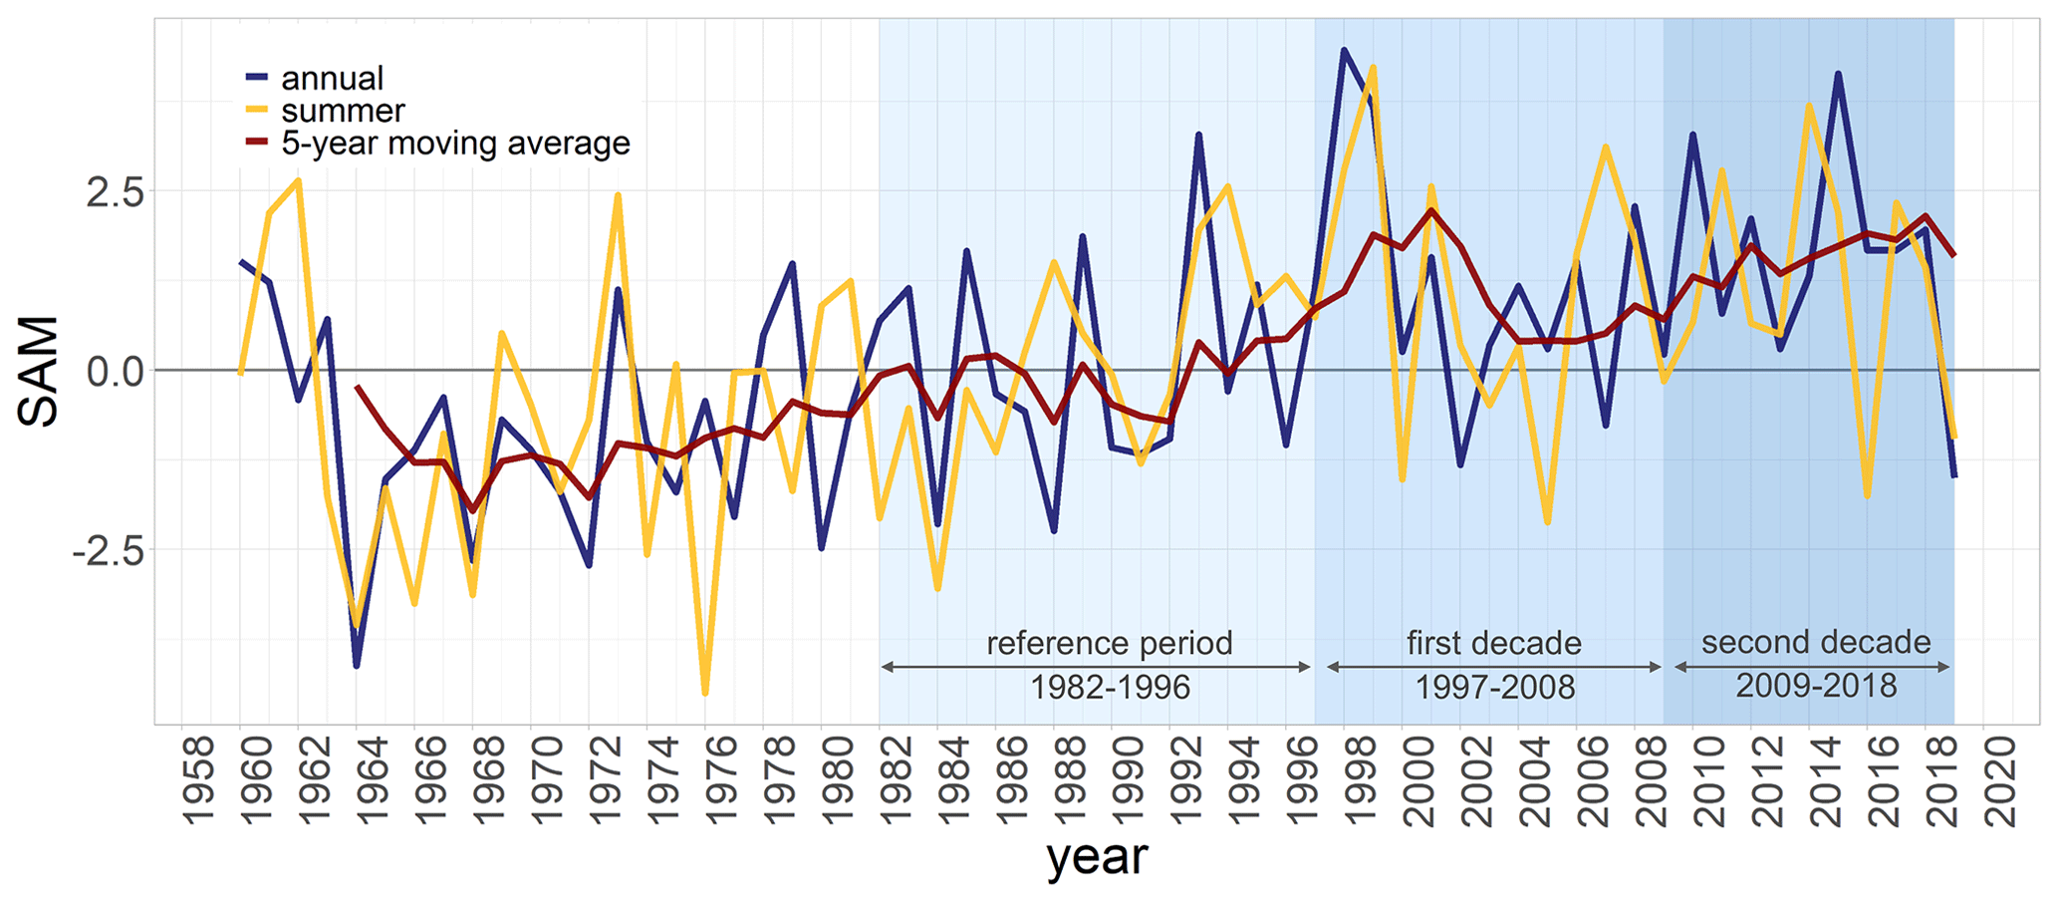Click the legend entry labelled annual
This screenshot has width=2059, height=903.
tap(332, 78)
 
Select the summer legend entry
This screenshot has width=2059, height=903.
tap(343, 111)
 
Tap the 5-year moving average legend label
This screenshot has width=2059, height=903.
tap(455, 144)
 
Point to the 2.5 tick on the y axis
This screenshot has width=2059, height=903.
tap(115, 191)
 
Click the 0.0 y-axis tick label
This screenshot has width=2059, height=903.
tap(115, 371)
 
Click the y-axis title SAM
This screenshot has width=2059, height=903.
tap(40, 371)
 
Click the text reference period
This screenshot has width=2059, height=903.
tap(1110, 644)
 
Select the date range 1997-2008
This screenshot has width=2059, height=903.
tap(1495, 688)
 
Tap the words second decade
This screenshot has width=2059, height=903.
tap(1816, 643)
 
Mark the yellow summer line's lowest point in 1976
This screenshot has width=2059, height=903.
tap(705, 693)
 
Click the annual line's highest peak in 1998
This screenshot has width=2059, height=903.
tap(1344, 50)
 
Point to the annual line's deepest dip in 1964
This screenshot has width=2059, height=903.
tap(357, 665)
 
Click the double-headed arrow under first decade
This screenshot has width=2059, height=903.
tap(1494, 667)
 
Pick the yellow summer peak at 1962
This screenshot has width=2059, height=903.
tap(298, 180)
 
